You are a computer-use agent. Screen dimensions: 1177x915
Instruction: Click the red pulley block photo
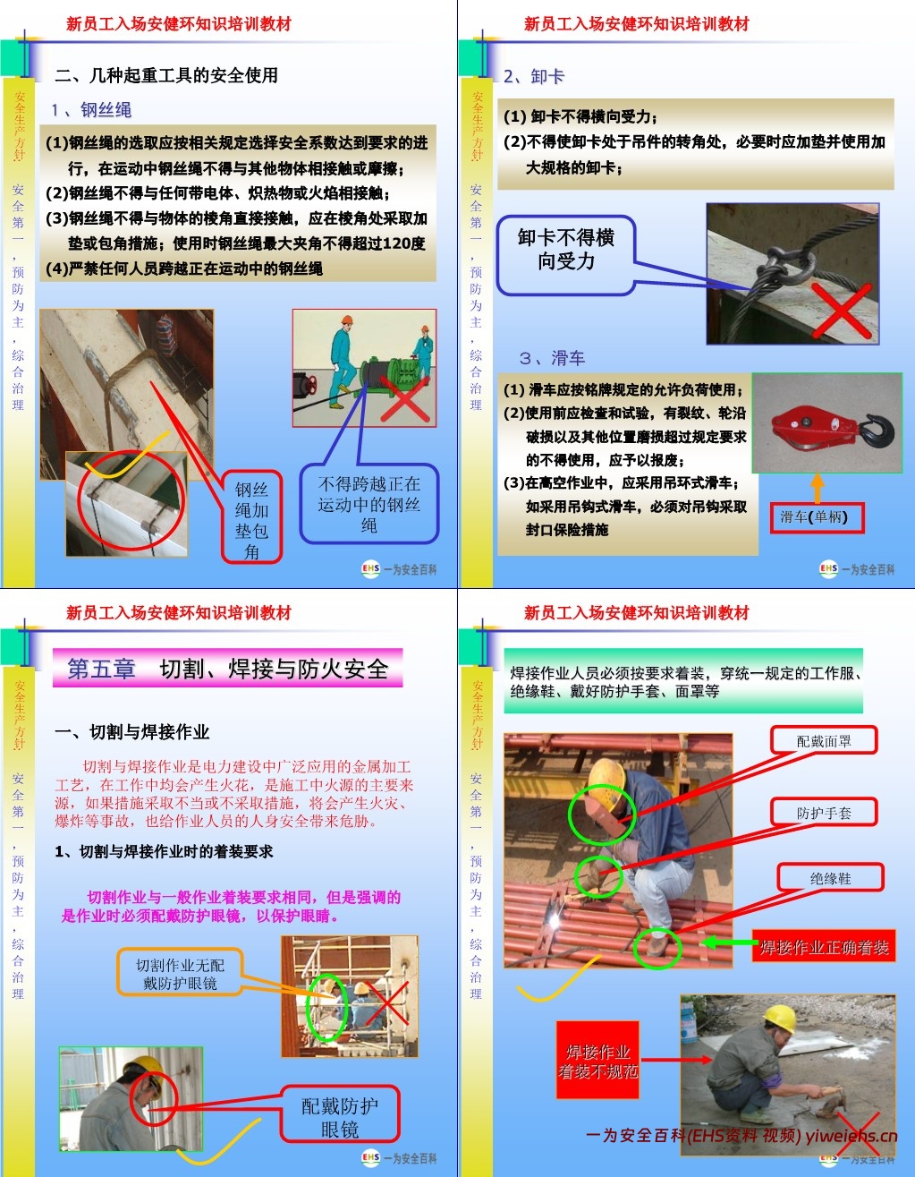click(826, 423)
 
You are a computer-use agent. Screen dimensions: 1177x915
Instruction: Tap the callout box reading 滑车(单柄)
click(817, 517)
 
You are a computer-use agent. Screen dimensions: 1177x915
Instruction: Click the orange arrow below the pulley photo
click(817, 487)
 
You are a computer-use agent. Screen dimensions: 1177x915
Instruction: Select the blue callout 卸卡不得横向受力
click(565, 251)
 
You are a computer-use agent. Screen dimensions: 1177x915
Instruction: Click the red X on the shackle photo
click(841, 309)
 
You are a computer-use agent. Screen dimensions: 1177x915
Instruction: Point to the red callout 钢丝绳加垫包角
click(251, 519)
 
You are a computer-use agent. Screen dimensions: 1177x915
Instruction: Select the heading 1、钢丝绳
click(91, 110)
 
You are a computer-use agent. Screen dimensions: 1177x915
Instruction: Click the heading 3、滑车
click(552, 358)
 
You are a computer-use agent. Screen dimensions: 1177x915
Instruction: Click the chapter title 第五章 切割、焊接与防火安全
click(228, 669)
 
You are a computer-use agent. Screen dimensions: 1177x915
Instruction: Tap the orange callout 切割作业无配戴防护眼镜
click(180, 974)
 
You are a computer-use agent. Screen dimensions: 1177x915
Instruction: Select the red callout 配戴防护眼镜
click(339, 1116)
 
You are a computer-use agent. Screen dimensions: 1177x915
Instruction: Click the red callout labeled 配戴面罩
click(824, 741)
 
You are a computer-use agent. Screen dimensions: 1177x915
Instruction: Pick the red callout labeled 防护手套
click(824, 813)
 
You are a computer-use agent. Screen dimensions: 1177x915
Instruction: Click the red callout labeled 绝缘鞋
click(830, 878)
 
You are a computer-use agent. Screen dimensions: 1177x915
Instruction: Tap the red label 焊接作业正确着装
click(824, 947)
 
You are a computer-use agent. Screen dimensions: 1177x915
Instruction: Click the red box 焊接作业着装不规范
click(597, 1061)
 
